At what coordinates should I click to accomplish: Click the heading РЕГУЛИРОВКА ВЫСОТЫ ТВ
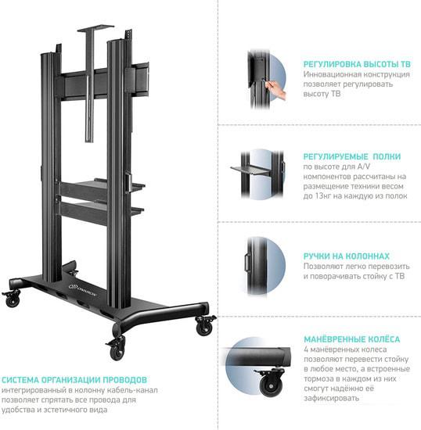click(x=357, y=64)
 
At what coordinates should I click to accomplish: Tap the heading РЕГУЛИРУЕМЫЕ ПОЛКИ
click(x=352, y=156)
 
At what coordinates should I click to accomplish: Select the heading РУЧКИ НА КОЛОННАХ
click(x=347, y=256)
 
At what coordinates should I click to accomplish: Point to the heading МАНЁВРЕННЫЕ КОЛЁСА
click(x=352, y=339)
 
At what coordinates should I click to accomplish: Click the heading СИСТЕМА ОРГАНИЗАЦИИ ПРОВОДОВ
click(x=74, y=380)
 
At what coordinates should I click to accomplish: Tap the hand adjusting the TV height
click(x=275, y=89)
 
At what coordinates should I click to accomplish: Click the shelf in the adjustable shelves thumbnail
click(x=251, y=170)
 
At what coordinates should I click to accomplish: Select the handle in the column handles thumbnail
click(x=247, y=263)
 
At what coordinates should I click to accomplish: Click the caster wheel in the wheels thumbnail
click(x=272, y=382)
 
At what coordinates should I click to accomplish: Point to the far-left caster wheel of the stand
click(x=12, y=298)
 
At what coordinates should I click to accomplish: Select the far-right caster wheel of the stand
click(x=205, y=325)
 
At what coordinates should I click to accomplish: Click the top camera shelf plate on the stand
click(x=95, y=28)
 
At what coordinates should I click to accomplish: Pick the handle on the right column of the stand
click(x=128, y=183)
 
